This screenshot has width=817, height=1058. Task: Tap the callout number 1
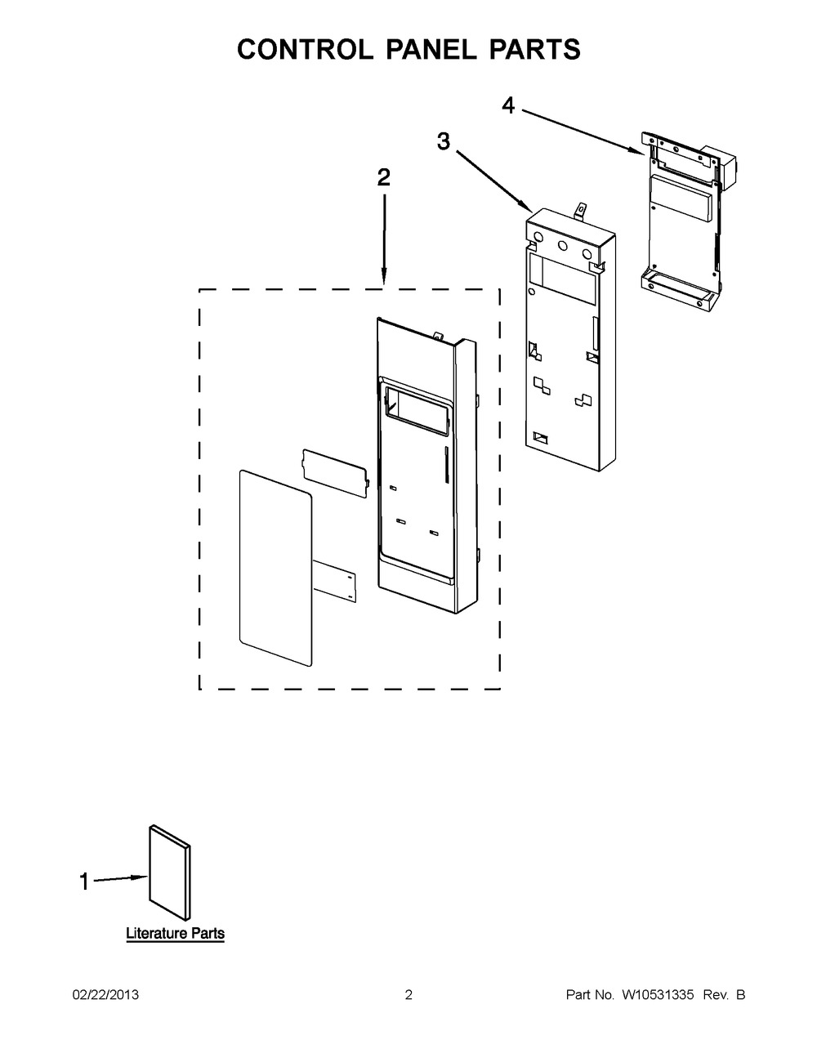pyautogui.click(x=83, y=882)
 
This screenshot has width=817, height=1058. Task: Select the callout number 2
pyautogui.click(x=383, y=178)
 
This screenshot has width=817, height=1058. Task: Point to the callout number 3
pyautogui.click(x=443, y=141)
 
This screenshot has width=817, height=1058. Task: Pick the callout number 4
pyautogui.click(x=508, y=105)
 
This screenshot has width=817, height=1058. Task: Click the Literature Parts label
pyautogui.click(x=175, y=933)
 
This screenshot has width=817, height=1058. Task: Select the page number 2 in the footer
pyautogui.click(x=408, y=995)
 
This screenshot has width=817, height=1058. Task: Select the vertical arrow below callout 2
pyautogui.click(x=384, y=241)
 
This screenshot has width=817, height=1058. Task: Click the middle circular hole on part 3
pyautogui.click(x=563, y=244)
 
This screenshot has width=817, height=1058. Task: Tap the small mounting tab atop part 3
pyautogui.click(x=581, y=212)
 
